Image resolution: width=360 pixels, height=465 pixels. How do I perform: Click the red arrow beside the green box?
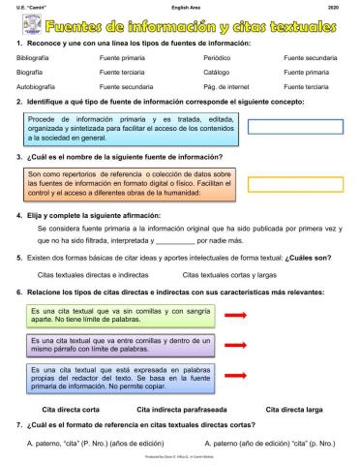(235, 316)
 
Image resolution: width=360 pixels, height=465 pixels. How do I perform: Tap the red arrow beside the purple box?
(235, 345)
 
